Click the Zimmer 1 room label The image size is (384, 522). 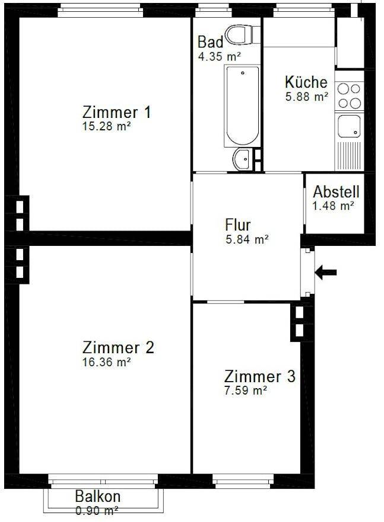click(116, 112)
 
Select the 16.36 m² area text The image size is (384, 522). click(106, 361)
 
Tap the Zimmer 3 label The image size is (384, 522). click(259, 376)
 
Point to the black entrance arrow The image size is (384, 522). click(325, 273)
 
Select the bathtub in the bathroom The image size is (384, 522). click(242, 106)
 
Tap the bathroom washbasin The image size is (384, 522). click(242, 159)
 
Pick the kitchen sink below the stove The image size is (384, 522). click(348, 126)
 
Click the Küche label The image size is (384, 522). click(306, 82)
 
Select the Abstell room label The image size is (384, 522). click(336, 192)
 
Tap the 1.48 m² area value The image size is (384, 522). click(333, 206)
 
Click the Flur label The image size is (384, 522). click(238, 225)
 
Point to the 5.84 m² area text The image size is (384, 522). click(246, 239)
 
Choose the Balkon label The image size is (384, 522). click(98, 497)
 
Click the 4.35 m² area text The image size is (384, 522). click(220, 57)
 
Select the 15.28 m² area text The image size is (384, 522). click(107, 126)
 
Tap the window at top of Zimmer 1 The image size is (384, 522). click(100, 10)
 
